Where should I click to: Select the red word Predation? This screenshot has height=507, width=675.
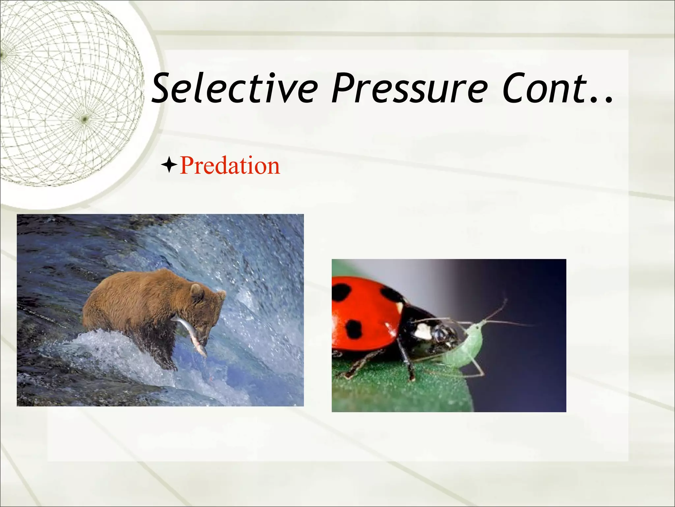point(230,165)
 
